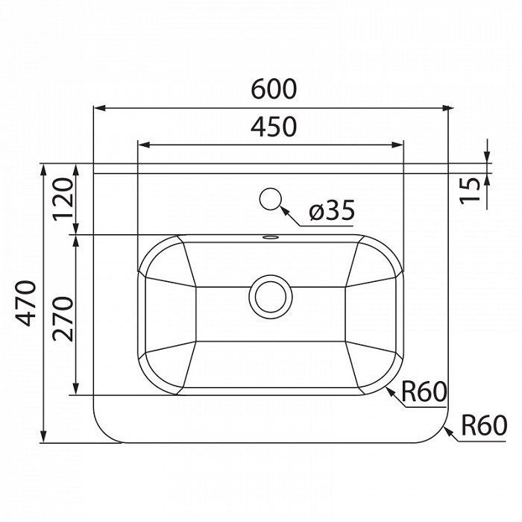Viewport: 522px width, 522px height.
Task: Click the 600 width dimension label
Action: [274, 89]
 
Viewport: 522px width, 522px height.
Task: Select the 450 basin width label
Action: [274, 127]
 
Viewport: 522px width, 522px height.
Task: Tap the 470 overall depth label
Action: [25, 304]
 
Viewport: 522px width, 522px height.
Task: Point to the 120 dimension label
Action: [63, 199]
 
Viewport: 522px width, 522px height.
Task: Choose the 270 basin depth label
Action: [63, 318]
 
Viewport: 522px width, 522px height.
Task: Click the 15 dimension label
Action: [470, 190]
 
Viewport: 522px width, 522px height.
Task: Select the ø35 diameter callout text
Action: [332, 210]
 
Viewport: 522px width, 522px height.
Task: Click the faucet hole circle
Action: [271, 199]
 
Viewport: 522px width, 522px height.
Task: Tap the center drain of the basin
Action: [271, 297]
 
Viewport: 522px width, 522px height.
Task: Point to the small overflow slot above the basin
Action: [270, 237]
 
